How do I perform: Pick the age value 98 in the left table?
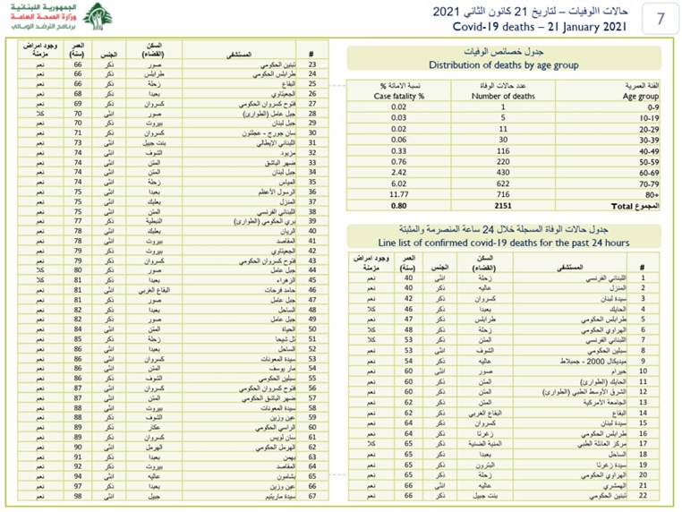[x=79, y=497]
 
